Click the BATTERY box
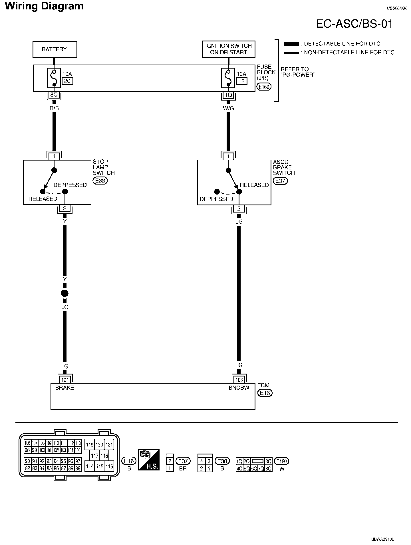tap(55, 49)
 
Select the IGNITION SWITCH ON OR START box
tap(229, 49)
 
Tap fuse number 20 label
tap(67, 81)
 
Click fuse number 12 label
tap(241, 81)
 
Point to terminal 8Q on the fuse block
tap(54, 95)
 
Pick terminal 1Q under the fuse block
tap(228, 95)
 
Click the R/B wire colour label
tap(54, 108)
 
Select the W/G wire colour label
tap(228, 108)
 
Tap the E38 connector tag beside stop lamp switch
tap(100, 181)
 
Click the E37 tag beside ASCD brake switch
tap(280, 181)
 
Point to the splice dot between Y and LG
tap(65, 293)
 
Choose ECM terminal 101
tap(65, 380)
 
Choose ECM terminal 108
tap(239, 380)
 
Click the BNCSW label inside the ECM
tap(239, 388)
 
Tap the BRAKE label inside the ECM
tap(65, 388)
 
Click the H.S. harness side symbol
tap(149, 460)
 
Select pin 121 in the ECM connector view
tap(109, 445)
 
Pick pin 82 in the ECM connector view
tap(27, 468)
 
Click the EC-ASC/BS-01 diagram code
tap(354, 24)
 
